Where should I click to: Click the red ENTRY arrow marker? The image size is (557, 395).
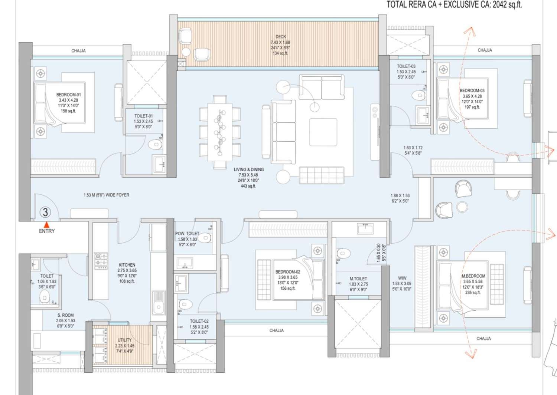coord(47,224)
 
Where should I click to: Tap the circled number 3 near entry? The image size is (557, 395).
coord(45,212)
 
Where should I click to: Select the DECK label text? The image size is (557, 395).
coord(281,37)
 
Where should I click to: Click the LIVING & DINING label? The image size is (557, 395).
coord(249,169)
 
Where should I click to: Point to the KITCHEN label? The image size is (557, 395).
coord(127,265)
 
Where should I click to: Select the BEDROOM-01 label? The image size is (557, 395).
coord(68,95)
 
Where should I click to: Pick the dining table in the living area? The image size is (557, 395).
coord(219,132)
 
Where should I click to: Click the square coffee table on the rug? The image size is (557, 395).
coord(323,132)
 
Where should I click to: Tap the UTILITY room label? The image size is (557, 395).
coord(124,340)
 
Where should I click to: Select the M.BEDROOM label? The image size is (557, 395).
coord(473,276)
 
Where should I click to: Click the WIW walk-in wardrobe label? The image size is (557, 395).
coord(402,278)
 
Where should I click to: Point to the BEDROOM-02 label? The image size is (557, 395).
coord(288,272)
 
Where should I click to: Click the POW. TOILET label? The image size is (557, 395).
coord(187,234)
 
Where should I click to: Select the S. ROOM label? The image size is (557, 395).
coord(65,315)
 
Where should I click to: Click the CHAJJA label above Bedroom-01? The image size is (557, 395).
coord(78,51)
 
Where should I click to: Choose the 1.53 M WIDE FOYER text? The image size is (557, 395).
coord(107,195)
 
